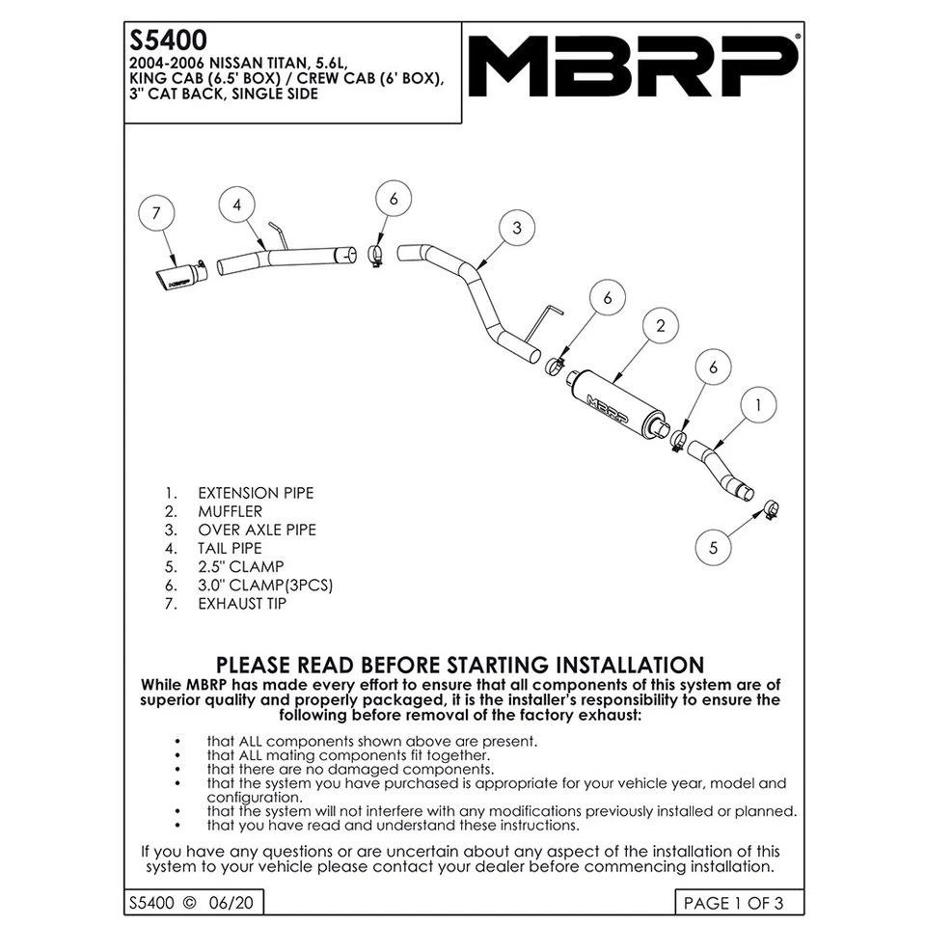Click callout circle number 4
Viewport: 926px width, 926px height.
pos(237,204)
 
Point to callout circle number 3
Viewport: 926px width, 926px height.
pos(518,229)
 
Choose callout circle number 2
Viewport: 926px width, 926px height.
pos(661,326)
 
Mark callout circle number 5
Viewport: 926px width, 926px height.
pos(714,547)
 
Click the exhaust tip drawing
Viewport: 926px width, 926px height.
pos(180,276)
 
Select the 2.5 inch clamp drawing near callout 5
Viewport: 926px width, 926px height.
pos(771,508)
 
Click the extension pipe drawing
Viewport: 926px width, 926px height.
pos(725,471)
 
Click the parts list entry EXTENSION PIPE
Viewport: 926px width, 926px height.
pos(256,493)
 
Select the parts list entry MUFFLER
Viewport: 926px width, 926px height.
pos(230,511)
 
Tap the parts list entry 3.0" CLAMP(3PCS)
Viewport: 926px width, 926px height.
pos(266,586)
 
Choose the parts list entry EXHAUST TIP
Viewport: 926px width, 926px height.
pos(242,604)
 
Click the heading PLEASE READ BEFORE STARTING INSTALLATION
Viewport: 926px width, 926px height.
pos(460,665)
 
